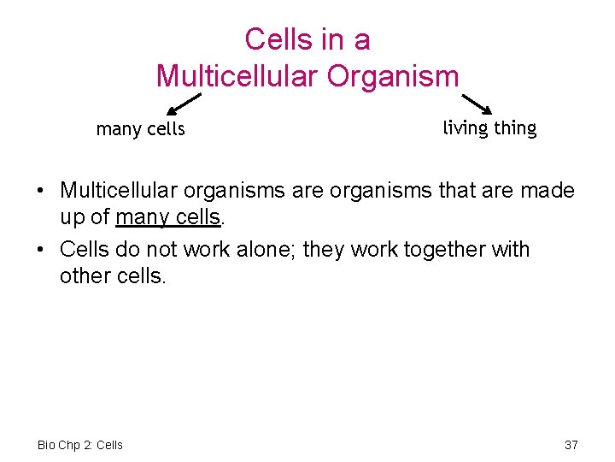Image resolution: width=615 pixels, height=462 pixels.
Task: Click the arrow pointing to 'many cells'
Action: tap(183, 104)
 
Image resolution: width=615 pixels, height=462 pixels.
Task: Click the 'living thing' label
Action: tap(489, 128)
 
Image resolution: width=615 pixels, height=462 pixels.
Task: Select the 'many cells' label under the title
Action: tap(140, 129)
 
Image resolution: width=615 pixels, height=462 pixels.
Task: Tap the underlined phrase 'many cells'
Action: tap(168, 217)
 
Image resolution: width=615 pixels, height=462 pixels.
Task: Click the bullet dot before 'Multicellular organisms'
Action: tap(42, 190)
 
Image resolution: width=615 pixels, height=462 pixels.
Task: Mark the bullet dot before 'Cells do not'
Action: tap(42, 251)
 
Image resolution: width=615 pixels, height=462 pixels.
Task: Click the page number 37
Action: tap(571, 445)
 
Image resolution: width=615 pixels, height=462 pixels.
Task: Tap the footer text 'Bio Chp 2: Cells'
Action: tap(80, 445)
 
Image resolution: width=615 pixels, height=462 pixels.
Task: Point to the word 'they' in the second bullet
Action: tap(323, 250)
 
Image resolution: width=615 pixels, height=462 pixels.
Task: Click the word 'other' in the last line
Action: tap(83, 276)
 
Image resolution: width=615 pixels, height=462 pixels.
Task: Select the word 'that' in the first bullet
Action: tap(460, 190)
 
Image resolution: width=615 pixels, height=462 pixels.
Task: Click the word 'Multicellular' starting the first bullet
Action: tap(117, 190)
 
